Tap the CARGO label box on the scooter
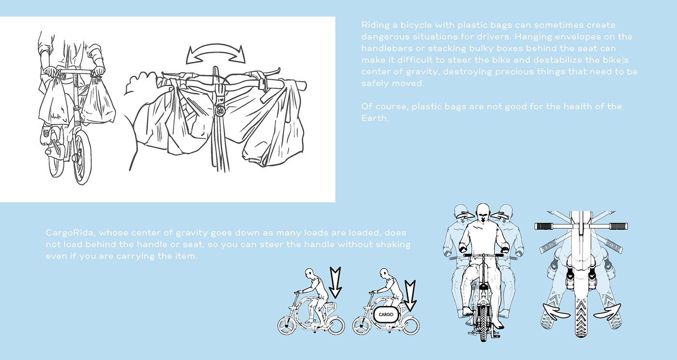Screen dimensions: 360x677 [x=386, y=315]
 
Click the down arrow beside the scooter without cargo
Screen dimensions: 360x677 [x=335, y=283]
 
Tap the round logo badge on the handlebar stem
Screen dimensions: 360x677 [x=220, y=110]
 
